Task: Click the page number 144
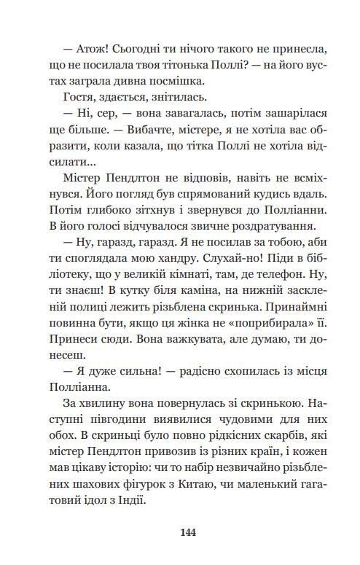coord(189,532)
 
